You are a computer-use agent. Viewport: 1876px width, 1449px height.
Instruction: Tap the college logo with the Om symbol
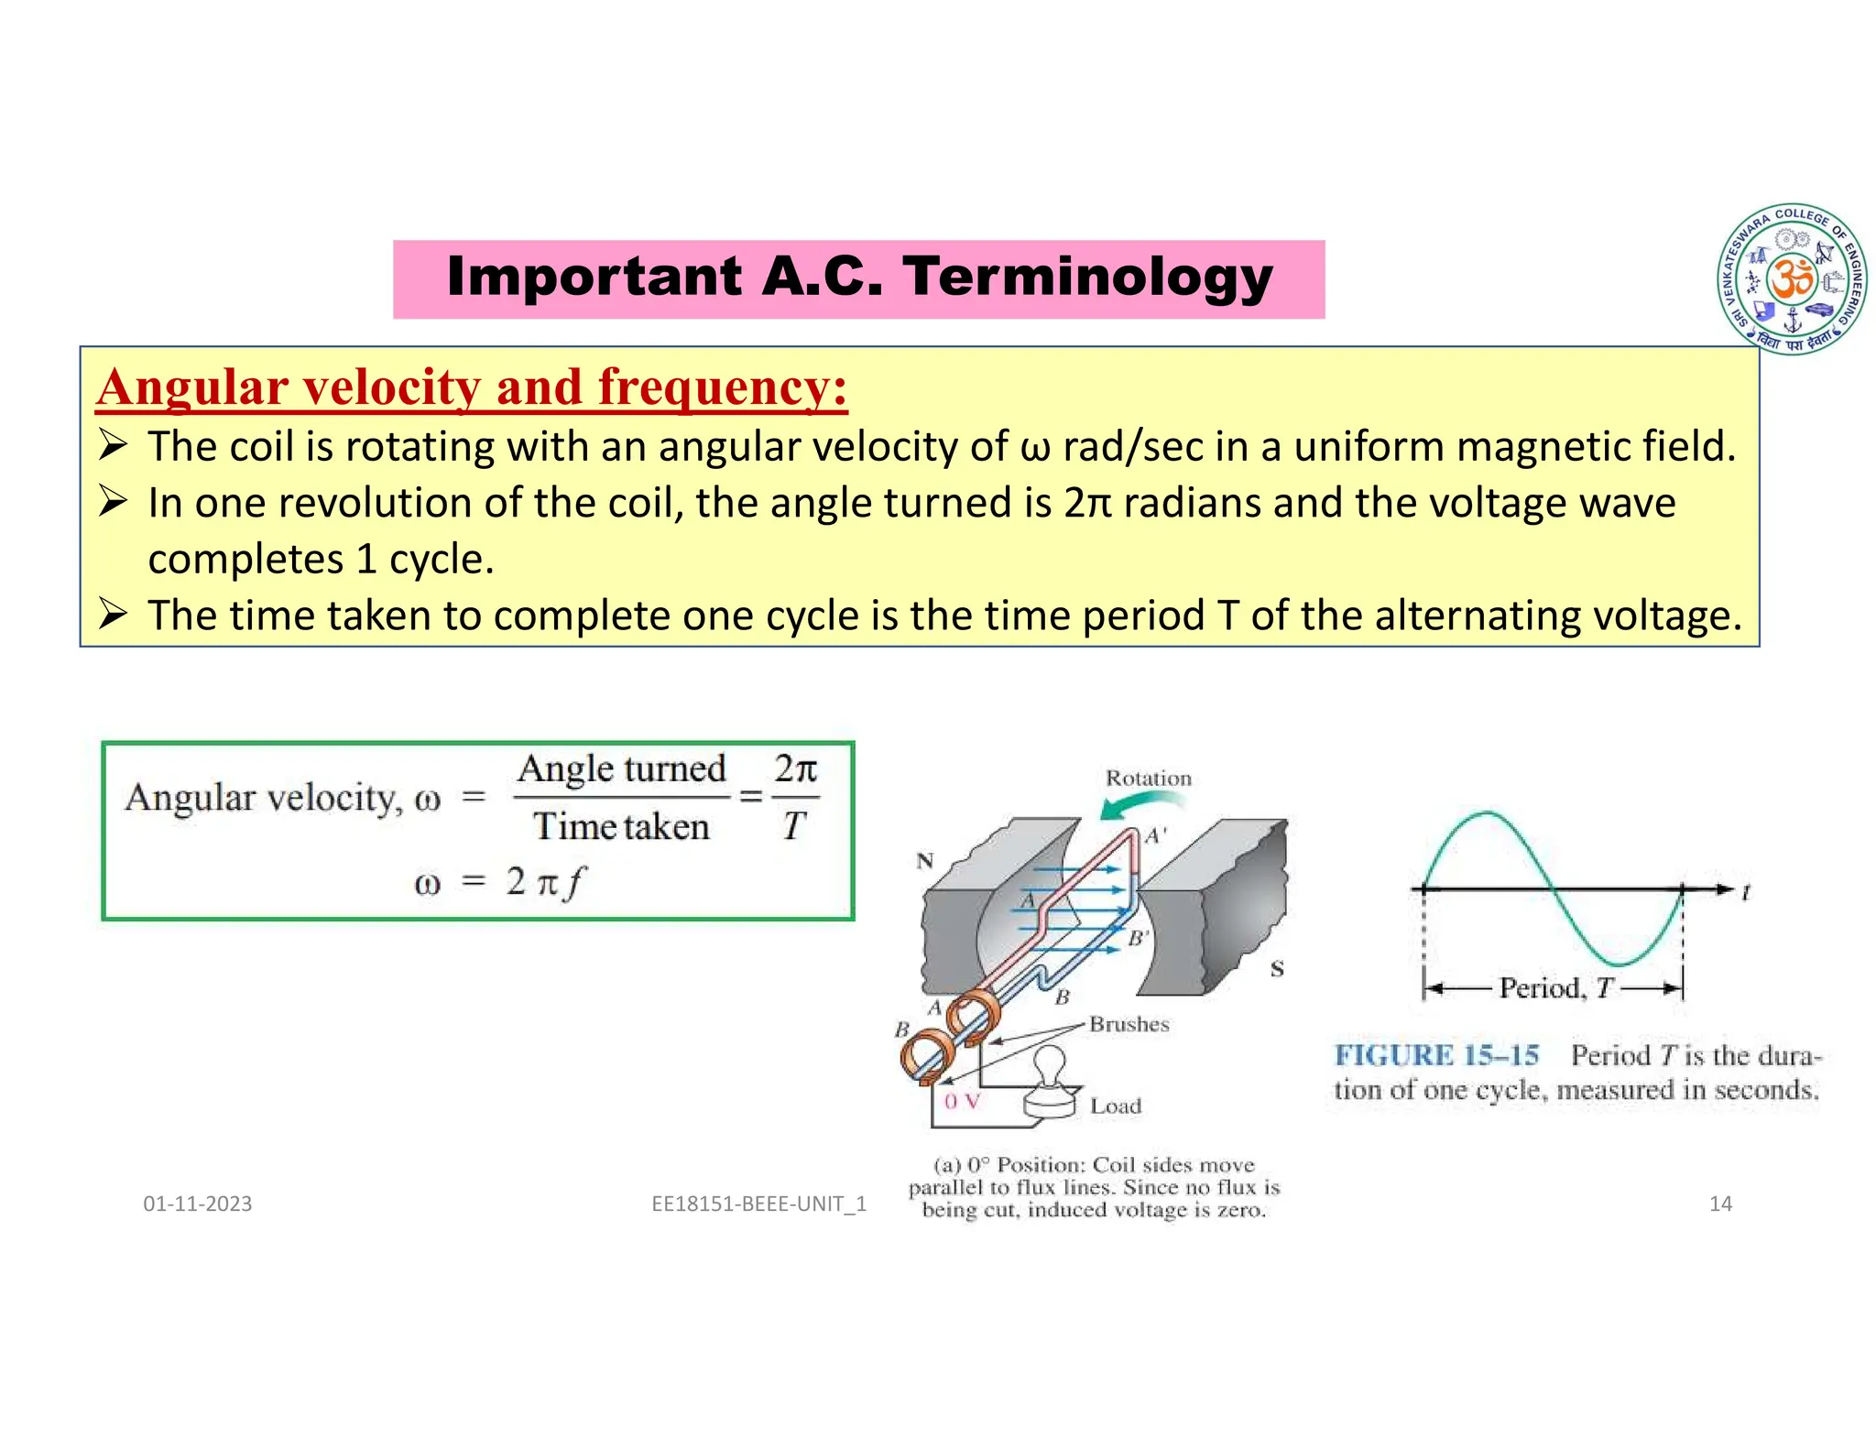pyautogui.click(x=1792, y=278)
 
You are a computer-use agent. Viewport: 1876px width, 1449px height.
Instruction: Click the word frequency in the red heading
pyautogui.click(x=722, y=387)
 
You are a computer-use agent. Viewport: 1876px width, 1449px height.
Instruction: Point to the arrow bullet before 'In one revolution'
pyautogui.click(x=113, y=502)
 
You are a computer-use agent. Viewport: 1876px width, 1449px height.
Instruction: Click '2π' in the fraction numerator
pyautogui.click(x=795, y=768)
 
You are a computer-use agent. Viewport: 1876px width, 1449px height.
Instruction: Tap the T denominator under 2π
pyautogui.click(x=793, y=827)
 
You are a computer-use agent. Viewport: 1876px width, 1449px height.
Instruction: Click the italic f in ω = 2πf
pyautogui.click(x=574, y=883)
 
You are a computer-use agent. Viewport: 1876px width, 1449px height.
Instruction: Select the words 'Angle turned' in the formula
pyautogui.click(x=621, y=769)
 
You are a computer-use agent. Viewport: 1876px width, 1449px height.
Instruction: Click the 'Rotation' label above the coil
pyautogui.click(x=1148, y=779)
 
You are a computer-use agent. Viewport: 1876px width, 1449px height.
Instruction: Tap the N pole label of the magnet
pyautogui.click(x=925, y=861)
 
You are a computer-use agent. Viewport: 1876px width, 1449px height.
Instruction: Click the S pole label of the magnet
pyautogui.click(x=1277, y=969)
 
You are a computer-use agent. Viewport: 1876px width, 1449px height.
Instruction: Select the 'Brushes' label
pyautogui.click(x=1129, y=1025)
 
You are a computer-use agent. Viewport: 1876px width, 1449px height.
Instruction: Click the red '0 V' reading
pyautogui.click(x=962, y=1102)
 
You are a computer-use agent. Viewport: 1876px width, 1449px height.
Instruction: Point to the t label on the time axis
pyautogui.click(x=1747, y=891)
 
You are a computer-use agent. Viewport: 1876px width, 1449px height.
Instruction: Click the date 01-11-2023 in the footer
pyautogui.click(x=197, y=1204)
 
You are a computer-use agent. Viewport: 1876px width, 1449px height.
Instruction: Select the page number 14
pyautogui.click(x=1720, y=1204)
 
